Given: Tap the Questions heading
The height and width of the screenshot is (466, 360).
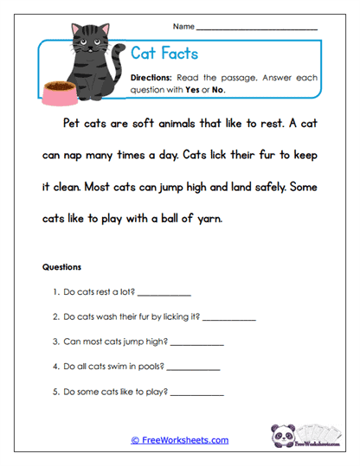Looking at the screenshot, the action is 61,267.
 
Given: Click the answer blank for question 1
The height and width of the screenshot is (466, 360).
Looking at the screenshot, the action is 164,294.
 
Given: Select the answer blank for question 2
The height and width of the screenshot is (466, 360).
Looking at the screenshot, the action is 229,318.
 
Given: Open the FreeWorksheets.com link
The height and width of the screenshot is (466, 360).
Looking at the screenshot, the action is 180,441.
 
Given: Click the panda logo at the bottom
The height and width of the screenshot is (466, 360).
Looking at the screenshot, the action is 285,435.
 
